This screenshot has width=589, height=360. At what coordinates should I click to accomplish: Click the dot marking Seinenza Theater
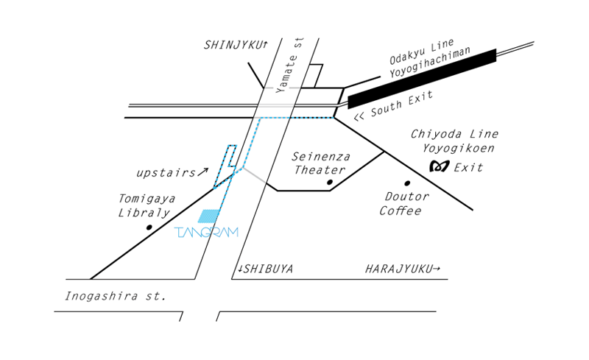(330, 182)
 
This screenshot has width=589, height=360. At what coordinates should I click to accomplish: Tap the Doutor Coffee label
(404, 204)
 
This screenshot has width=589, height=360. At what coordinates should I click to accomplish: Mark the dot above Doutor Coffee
(406, 183)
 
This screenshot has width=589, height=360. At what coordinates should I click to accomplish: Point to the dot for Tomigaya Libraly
(149, 227)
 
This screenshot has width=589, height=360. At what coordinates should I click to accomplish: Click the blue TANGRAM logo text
(207, 233)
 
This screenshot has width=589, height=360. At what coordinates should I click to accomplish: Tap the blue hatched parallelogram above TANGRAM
(209, 216)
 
